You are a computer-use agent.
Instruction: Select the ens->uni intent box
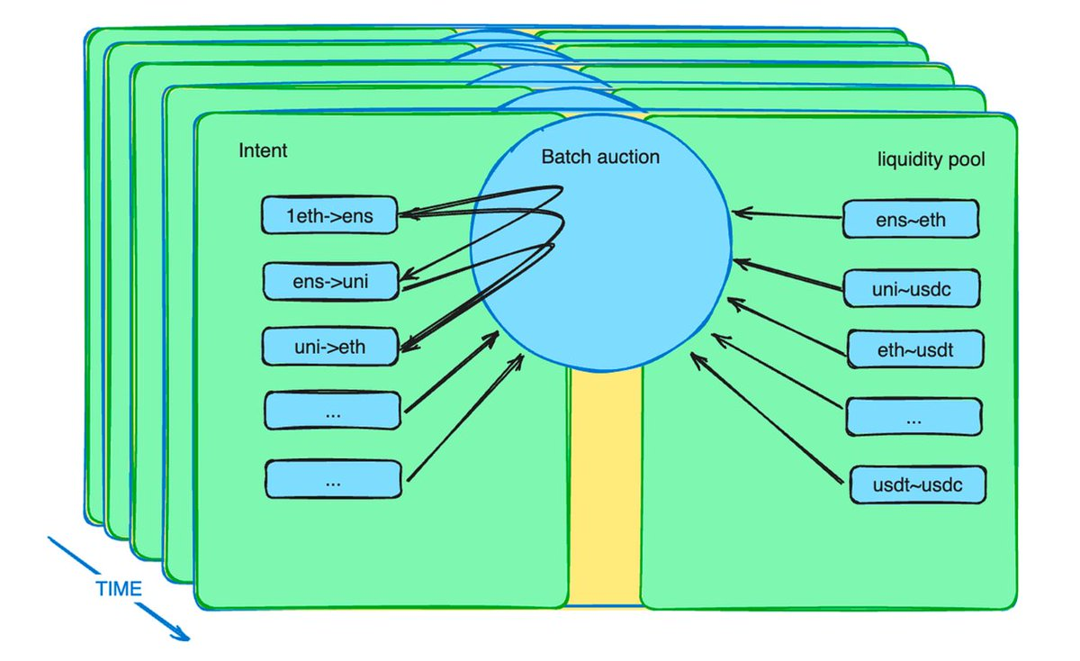click(330, 282)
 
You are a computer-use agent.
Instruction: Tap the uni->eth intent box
click(329, 346)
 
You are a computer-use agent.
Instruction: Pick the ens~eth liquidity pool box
click(910, 219)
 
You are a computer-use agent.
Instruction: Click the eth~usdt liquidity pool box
click(913, 349)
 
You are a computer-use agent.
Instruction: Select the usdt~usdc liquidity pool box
click(918, 485)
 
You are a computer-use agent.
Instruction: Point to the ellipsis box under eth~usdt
click(913, 418)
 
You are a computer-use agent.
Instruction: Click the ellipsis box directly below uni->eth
click(332, 411)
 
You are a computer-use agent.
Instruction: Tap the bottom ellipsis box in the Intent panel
click(333, 480)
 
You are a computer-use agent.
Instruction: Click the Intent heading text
click(263, 150)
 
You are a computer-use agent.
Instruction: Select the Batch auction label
click(600, 157)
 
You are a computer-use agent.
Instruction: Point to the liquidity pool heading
click(931, 160)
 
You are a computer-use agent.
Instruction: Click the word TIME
click(118, 590)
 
